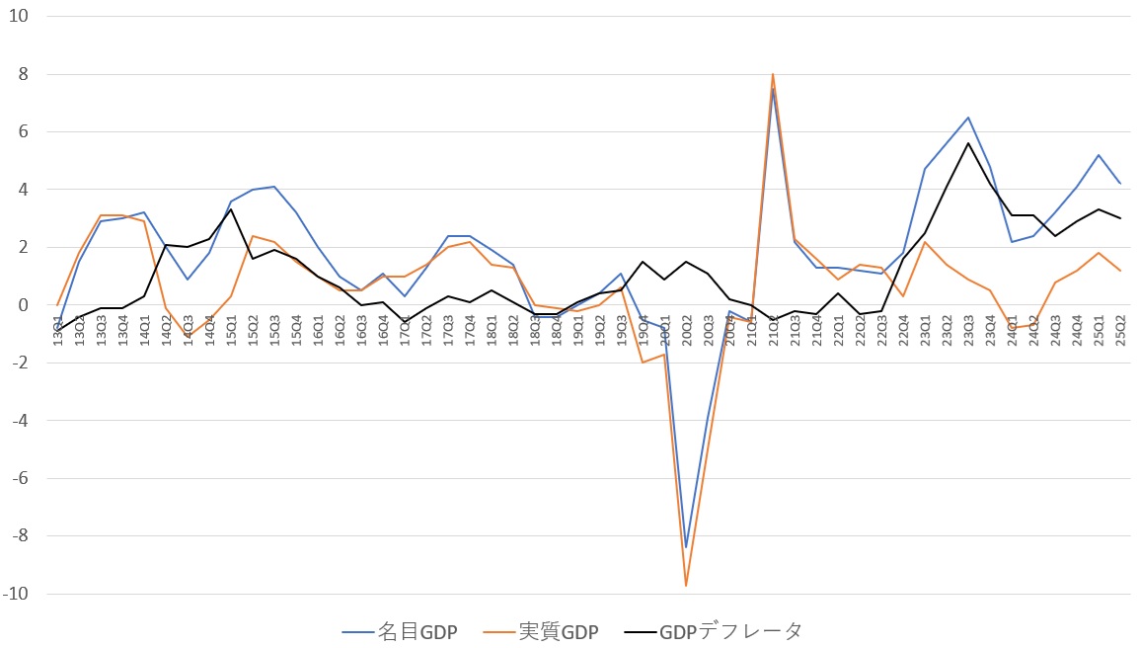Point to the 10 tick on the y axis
[20, 17]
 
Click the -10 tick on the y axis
[17, 594]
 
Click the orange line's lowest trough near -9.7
[686, 586]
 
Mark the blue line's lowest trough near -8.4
[686, 547]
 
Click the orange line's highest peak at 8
[773, 74]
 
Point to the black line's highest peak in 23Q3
[968, 143]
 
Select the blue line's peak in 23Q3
[968, 118]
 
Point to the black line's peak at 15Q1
[231, 209]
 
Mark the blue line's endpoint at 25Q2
[1120, 184]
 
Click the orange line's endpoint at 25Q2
[1120, 271]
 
